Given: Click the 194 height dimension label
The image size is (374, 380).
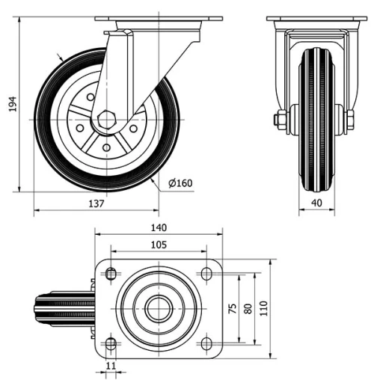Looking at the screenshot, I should coord(11,106).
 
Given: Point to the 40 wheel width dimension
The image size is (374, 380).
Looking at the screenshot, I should coord(317,203).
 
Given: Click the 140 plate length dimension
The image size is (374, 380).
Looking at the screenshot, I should coord(158,228).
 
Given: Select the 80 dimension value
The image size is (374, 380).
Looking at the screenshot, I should coord(248,308).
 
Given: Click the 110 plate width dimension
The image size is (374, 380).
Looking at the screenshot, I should coord(263,308).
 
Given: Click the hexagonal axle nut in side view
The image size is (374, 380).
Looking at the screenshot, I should coord(105,120).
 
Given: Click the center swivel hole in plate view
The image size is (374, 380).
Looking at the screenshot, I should coord(158,308).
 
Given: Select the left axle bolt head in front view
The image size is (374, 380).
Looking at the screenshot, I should coord(280,120).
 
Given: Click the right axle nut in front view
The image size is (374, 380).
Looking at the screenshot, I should coord(349,120).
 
